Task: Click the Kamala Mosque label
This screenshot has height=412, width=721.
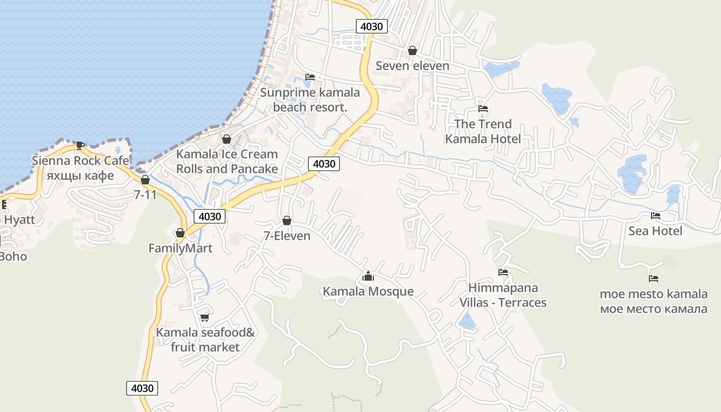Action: [368, 291]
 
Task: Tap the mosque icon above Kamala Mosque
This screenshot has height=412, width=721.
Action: [368, 277]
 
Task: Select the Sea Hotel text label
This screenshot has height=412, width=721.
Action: [655, 231]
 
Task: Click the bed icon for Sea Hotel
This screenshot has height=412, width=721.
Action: [655, 216]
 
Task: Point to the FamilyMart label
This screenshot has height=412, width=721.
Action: [180, 248]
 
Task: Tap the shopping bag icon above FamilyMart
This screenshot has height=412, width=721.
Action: [180, 233]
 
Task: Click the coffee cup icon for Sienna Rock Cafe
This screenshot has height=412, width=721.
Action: [80, 145]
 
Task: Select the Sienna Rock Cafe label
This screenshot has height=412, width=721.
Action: [80, 160]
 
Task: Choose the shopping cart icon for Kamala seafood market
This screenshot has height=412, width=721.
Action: [204, 317]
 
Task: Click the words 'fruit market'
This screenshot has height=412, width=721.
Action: [205, 347]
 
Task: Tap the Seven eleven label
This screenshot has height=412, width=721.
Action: [412, 65]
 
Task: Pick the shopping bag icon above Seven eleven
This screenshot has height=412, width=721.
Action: [412, 50]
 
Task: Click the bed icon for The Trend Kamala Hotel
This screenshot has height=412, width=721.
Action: [483, 109]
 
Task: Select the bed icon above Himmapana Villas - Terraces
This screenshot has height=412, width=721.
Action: [503, 272]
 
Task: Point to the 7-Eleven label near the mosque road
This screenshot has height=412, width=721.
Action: [287, 236]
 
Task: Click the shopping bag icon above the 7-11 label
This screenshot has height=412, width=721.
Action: [145, 180]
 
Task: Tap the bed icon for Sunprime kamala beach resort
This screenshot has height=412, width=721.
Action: [310, 77]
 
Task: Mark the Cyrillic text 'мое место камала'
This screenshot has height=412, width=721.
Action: [654, 309]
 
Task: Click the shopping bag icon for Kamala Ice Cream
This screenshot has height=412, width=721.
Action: [226, 139]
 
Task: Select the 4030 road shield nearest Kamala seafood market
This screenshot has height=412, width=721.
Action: [142, 388]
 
